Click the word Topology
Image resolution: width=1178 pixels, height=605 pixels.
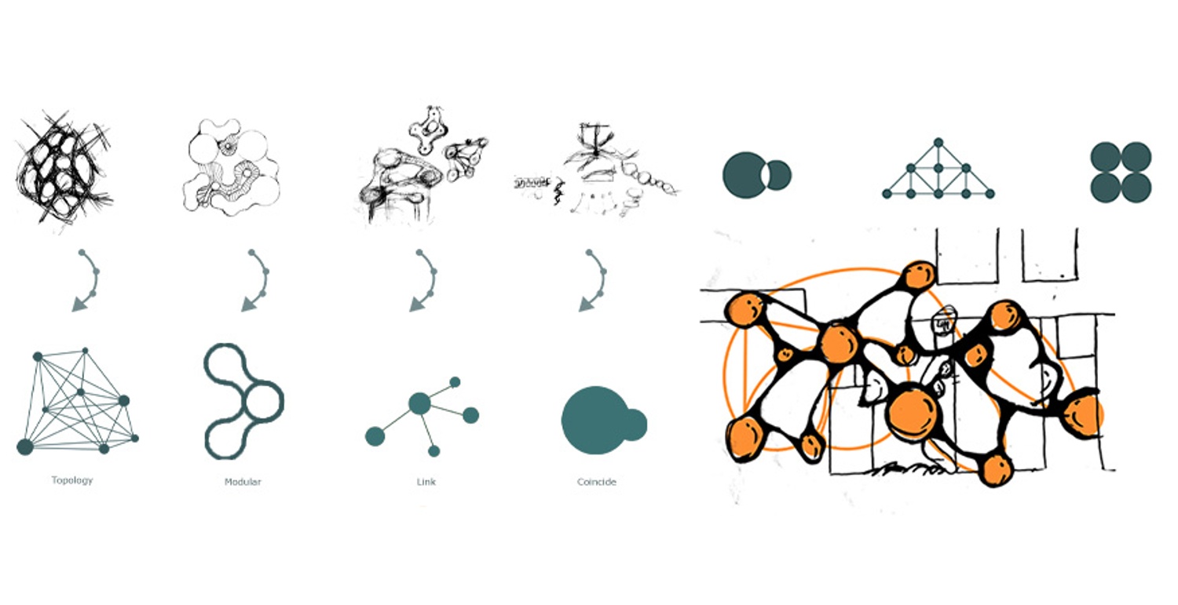(72, 480)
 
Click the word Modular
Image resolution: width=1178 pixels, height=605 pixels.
(243, 482)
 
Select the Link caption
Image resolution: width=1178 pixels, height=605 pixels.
(426, 482)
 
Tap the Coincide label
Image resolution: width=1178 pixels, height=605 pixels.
(596, 482)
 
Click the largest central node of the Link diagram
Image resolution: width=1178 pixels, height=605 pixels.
(419, 403)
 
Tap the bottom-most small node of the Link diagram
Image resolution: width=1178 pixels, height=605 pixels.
(434, 451)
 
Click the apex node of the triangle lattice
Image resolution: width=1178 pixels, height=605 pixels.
(938, 143)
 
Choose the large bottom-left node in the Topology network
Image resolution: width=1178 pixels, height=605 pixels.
(24, 447)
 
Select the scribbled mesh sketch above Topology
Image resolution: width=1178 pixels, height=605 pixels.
(63, 168)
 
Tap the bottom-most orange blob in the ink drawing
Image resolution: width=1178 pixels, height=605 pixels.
(996, 471)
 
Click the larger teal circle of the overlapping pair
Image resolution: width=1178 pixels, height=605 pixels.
(744, 175)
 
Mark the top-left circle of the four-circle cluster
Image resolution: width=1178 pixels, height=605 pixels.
(1106, 157)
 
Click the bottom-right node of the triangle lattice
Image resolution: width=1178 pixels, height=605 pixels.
(990, 194)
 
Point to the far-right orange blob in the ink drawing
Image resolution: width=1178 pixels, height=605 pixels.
(1082, 416)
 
